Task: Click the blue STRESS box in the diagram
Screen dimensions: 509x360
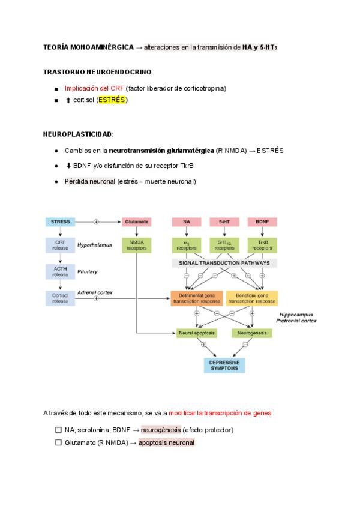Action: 61,221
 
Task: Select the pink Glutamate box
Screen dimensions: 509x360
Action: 136,221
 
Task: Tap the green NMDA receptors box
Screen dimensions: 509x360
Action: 136,244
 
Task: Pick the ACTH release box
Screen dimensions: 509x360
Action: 61,271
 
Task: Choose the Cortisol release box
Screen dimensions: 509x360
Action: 61,298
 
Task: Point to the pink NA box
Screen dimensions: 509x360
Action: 187,221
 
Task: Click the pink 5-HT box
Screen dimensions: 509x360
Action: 224,221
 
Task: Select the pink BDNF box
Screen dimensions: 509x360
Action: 262,221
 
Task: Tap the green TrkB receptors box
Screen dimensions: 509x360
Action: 262,244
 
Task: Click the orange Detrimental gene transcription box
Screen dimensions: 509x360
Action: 196,298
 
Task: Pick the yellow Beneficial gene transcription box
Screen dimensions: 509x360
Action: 252,298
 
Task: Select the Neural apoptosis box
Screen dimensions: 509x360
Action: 197,332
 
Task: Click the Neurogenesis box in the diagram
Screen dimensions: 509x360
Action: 248,332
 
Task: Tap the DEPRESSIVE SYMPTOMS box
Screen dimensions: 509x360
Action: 224,365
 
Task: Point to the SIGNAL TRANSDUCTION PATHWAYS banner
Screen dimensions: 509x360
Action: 224,263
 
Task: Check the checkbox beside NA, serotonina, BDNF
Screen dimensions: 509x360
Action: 58,430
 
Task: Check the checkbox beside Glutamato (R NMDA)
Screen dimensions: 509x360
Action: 58,442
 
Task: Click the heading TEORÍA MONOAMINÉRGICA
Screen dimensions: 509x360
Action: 88,47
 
